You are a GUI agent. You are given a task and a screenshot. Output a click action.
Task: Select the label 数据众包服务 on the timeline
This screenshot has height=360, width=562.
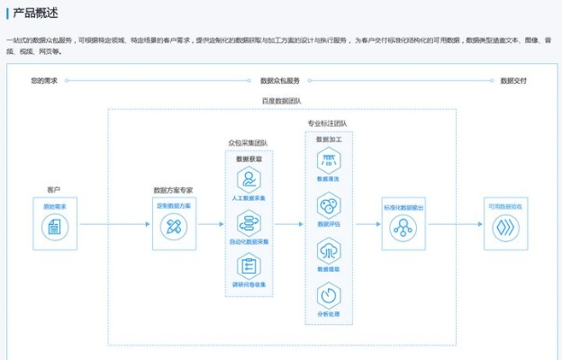click(x=279, y=81)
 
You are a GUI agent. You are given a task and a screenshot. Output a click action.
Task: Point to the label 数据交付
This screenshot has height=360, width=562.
click(x=513, y=81)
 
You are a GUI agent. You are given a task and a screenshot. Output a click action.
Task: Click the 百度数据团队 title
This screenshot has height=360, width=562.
click(x=281, y=101)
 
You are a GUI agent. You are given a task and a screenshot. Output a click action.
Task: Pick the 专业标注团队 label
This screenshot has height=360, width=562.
click(x=327, y=123)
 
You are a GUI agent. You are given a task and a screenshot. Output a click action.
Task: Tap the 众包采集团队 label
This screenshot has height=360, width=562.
click(x=248, y=142)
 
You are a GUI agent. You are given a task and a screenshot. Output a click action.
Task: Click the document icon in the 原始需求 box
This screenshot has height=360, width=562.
click(x=55, y=229)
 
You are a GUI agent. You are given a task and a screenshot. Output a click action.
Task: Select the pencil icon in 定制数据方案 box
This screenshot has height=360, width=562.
click(x=173, y=229)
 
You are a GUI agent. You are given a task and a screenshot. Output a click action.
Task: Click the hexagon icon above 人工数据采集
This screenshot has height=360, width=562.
click(x=249, y=179)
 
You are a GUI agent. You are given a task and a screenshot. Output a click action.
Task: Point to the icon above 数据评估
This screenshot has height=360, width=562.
click(x=328, y=205)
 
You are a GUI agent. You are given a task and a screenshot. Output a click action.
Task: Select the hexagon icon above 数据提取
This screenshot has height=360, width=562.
click(x=328, y=249)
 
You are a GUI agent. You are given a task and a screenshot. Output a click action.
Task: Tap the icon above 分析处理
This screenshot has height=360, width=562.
click(x=328, y=294)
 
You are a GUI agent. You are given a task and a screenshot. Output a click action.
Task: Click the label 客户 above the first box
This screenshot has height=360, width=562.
click(x=53, y=191)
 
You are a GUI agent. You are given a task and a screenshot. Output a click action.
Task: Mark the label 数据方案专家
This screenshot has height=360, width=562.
click(x=173, y=191)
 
